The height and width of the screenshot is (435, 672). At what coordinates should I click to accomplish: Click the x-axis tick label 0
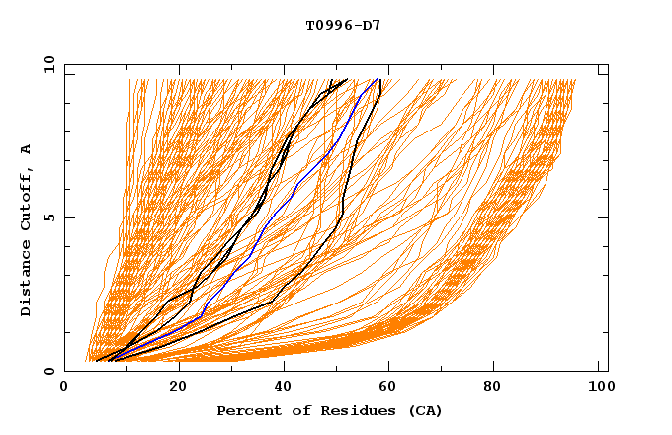point(65,389)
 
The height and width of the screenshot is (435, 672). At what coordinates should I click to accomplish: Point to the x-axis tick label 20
point(174,389)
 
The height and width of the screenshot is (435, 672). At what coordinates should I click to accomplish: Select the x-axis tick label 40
point(283,389)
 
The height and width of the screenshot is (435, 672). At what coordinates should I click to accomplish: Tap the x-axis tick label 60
point(390,389)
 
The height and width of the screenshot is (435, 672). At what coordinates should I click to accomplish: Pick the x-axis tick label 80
point(499,389)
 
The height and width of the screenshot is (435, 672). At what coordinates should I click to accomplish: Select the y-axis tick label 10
point(46,63)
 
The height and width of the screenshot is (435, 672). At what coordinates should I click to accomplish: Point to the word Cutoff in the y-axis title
point(27,195)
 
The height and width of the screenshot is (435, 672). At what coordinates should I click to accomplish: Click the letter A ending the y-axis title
point(27,149)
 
